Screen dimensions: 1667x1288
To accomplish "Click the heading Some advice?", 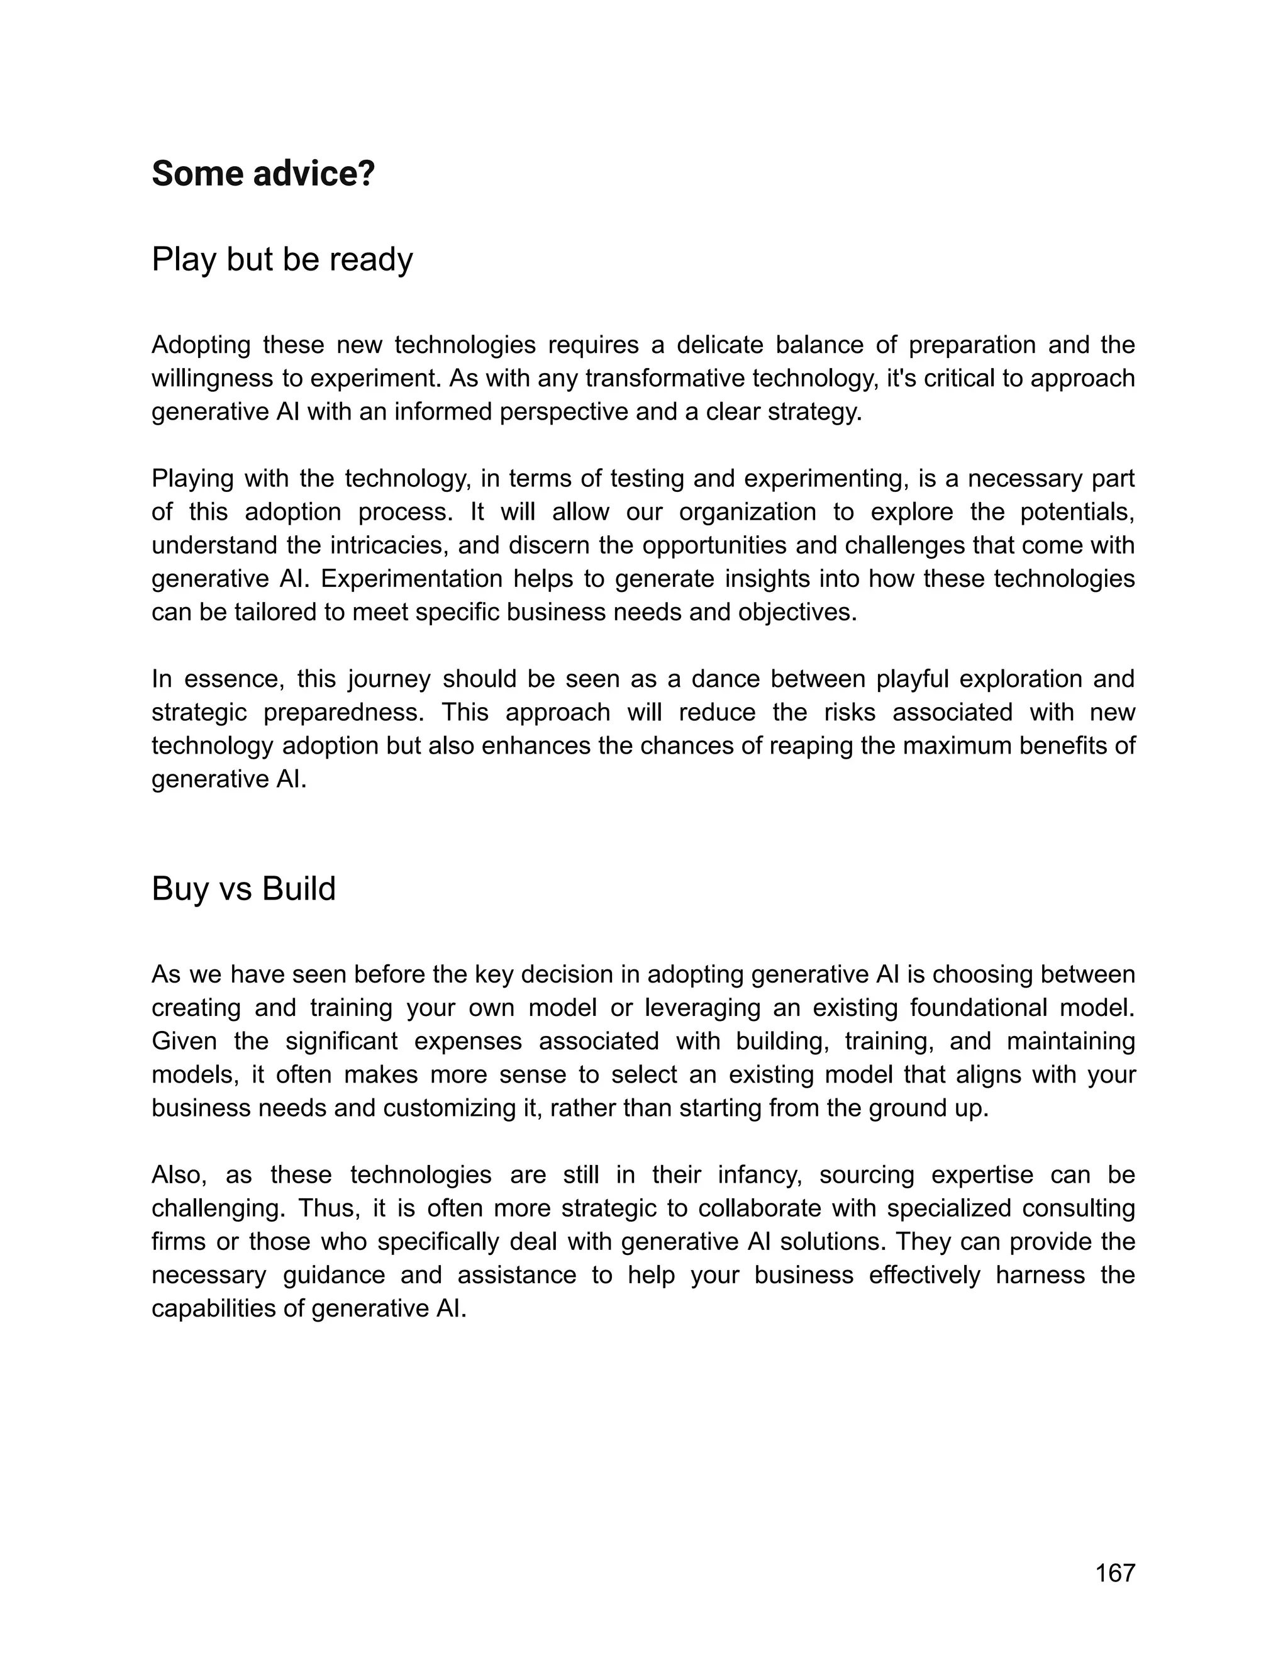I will [264, 174].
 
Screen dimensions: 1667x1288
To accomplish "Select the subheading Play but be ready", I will [282, 260].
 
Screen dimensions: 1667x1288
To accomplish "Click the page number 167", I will [1115, 1573].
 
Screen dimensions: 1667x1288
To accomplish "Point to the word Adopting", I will [201, 345].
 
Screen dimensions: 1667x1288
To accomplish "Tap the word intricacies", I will [389, 546].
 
